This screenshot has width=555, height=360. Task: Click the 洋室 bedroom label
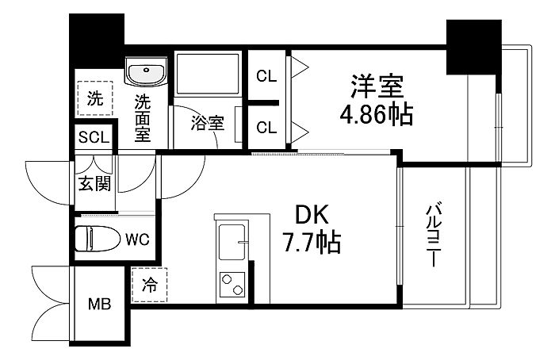point(377,86)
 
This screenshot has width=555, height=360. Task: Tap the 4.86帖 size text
point(377,114)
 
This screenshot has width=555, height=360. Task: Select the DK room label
point(312,215)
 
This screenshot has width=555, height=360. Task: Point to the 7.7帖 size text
point(311,243)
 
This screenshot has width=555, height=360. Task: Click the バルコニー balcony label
point(434,234)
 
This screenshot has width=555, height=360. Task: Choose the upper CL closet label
point(266,76)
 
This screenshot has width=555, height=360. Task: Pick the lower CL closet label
point(266,128)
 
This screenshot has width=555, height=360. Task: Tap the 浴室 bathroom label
point(208,123)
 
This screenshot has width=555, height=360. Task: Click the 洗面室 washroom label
point(142,118)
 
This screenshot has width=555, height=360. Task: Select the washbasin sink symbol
point(146,71)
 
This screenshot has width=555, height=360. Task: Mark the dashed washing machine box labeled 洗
point(95,98)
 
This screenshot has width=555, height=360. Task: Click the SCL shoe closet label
point(94,137)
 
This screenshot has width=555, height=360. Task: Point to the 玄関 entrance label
point(94,183)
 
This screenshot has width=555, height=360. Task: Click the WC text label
point(138,240)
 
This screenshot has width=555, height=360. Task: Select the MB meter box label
point(99,304)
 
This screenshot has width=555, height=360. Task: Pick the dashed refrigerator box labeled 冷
point(149,285)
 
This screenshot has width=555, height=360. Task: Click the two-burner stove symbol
point(232,285)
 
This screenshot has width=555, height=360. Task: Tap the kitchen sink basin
point(232,242)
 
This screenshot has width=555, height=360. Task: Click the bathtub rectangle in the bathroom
point(208,74)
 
